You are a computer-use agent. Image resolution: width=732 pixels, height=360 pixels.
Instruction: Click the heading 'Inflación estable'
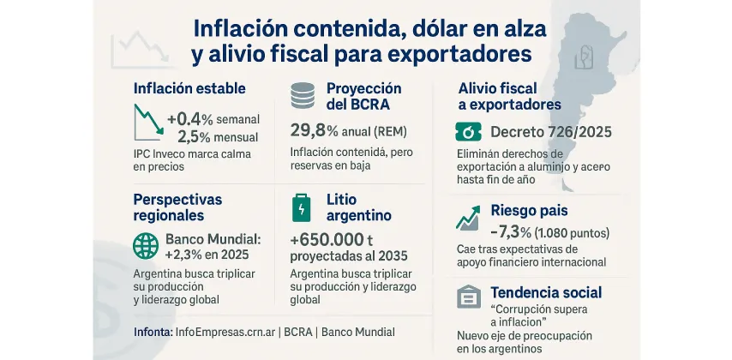pyautogui.click(x=189, y=88)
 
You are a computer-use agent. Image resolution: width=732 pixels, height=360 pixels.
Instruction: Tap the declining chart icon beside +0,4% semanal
pyautogui.click(x=148, y=123)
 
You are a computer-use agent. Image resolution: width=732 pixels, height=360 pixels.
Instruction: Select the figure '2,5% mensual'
pyautogui.click(x=219, y=136)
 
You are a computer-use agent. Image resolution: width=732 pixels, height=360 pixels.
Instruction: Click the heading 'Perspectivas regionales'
pyautogui.click(x=177, y=207)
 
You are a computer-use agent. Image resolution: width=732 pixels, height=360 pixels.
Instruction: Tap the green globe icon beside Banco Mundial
pyautogui.click(x=146, y=245)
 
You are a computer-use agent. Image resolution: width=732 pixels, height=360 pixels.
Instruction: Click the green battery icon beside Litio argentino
pyautogui.click(x=303, y=207)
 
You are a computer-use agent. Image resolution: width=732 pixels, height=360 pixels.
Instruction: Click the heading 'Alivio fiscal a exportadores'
pyautogui.click(x=509, y=96)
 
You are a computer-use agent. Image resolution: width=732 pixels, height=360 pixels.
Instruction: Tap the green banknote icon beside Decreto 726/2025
pyautogui.click(x=469, y=132)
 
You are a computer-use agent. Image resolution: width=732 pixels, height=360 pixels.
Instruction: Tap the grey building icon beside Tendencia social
pyautogui.click(x=468, y=297)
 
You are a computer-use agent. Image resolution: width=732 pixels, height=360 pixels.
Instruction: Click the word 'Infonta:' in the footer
pyautogui.click(x=153, y=331)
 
